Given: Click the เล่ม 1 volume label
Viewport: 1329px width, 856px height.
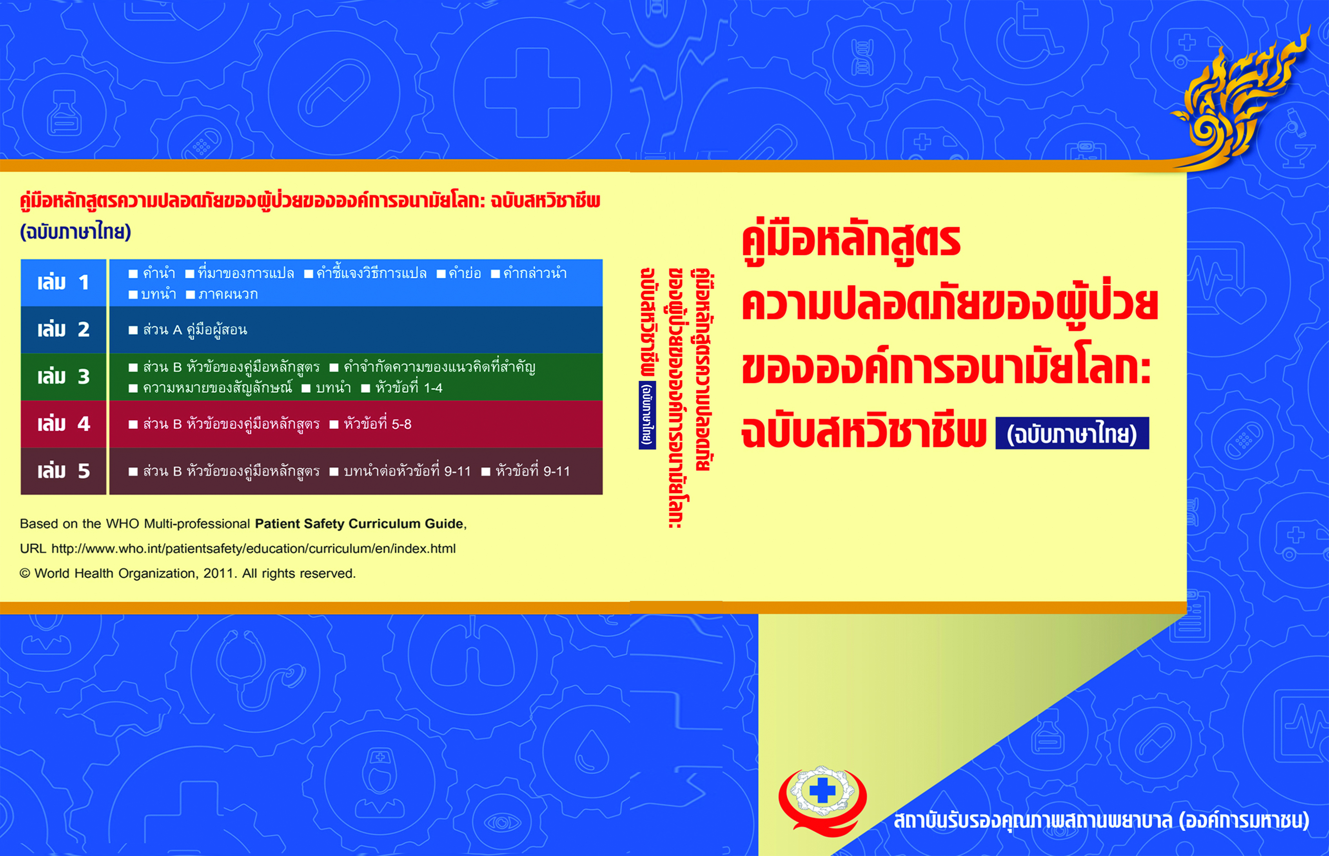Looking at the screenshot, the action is [x=64, y=282].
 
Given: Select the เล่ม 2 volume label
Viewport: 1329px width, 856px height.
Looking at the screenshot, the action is [x=64, y=329].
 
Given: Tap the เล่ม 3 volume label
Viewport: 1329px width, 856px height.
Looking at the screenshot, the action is [x=64, y=377].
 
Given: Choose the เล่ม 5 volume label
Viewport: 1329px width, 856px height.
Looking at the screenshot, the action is [x=64, y=471].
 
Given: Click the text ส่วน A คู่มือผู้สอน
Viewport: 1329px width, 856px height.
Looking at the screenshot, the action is [x=194, y=329].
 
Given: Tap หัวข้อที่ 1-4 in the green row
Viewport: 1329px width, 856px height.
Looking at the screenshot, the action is [x=409, y=387].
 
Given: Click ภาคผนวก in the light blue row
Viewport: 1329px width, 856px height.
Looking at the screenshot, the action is [x=228, y=295].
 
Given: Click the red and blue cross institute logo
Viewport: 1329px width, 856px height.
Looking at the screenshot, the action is [x=822, y=800].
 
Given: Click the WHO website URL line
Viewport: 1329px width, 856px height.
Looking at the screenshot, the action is [x=238, y=548].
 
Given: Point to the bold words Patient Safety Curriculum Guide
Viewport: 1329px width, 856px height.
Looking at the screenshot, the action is [x=359, y=524].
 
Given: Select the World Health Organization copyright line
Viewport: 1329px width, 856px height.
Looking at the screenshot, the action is [x=188, y=574].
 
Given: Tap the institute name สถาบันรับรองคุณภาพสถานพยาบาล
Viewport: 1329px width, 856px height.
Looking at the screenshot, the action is [x=1033, y=820].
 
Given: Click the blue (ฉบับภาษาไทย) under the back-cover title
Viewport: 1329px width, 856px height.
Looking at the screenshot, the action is [x=76, y=231].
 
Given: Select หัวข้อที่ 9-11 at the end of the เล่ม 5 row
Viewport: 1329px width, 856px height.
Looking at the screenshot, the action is [x=533, y=471].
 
